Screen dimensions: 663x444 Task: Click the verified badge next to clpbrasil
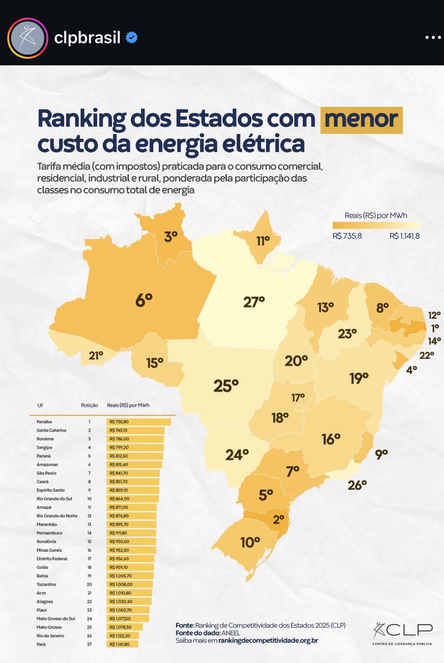click(132, 37)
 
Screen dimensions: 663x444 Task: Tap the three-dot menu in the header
click(433, 37)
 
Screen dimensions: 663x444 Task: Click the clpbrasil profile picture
click(28, 38)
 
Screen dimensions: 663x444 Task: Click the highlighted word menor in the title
click(361, 120)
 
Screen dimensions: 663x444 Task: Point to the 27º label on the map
click(254, 302)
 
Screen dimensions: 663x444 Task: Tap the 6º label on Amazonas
click(144, 300)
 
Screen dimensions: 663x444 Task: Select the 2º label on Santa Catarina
click(278, 519)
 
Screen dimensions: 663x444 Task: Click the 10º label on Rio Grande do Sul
click(250, 542)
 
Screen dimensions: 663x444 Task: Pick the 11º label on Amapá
click(263, 241)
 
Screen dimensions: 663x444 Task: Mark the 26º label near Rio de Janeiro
click(357, 485)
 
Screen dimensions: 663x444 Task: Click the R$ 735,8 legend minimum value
click(347, 236)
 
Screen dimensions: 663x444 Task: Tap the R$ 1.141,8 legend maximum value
click(404, 236)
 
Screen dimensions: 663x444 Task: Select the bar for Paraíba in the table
click(139, 422)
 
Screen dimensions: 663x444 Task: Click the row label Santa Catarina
click(51, 430)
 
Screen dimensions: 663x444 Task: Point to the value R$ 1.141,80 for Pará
click(120, 644)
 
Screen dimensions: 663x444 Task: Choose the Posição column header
click(89, 405)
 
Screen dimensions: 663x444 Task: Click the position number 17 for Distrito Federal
click(89, 558)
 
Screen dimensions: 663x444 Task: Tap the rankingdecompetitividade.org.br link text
click(268, 641)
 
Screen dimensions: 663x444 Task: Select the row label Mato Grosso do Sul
click(56, 618)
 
